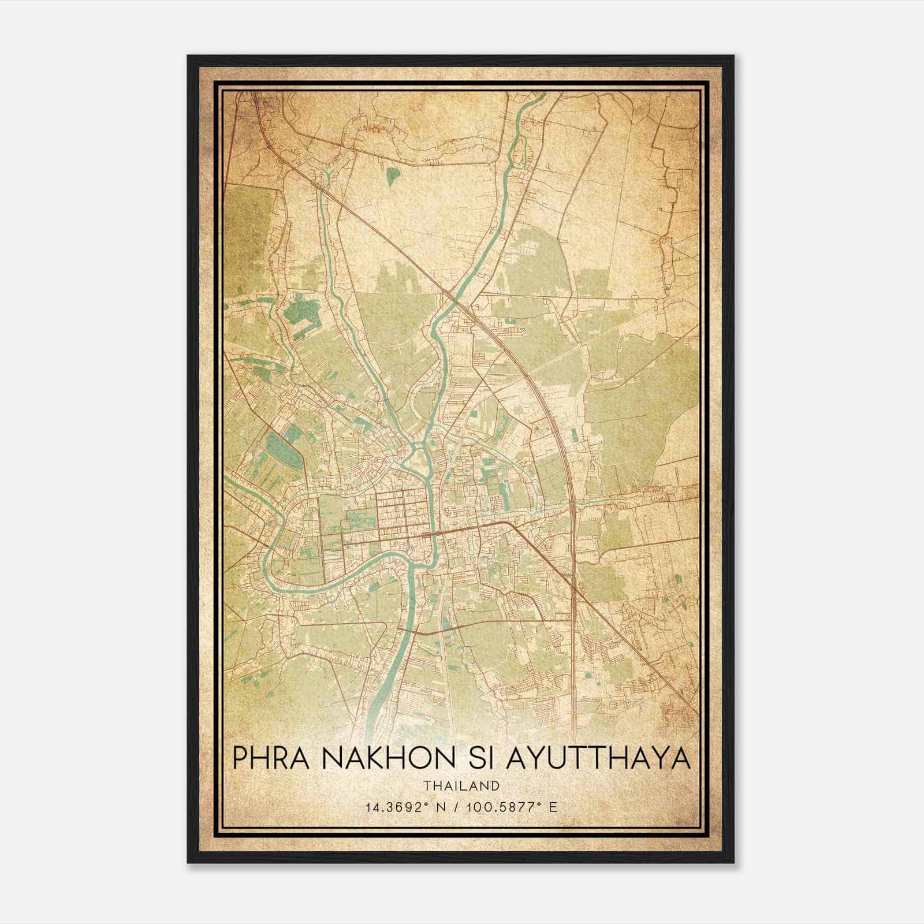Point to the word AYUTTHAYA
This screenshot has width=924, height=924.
[x=598, y=758]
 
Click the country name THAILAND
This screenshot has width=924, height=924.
[x=461, y=786]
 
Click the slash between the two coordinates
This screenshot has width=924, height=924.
[x=456, y=807]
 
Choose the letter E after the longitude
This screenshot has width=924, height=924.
[x=554, y=807]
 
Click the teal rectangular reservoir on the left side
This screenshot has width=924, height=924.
[x=282, y=449]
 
